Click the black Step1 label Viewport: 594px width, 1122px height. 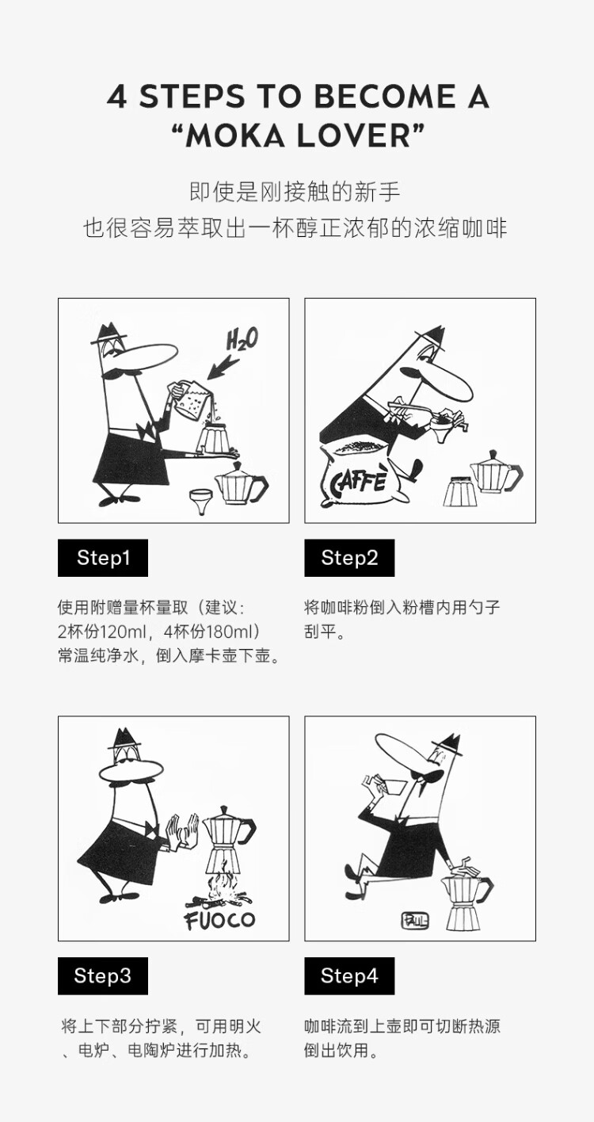103,558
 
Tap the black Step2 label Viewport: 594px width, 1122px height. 349,558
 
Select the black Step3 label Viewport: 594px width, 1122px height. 103,975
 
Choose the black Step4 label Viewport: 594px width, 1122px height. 349,975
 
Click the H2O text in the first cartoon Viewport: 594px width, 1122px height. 242,340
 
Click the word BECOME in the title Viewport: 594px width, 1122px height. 385,96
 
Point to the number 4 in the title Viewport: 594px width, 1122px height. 117,97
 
